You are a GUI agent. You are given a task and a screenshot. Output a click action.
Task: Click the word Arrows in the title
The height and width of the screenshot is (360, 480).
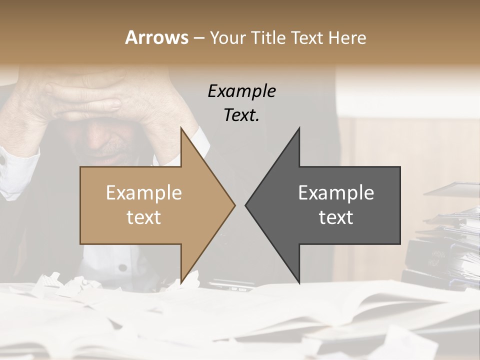[156, 37]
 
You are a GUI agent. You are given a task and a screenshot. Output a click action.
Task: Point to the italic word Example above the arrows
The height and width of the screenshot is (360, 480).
[241, 91]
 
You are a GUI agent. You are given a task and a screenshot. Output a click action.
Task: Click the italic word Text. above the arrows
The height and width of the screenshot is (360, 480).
[241, 115]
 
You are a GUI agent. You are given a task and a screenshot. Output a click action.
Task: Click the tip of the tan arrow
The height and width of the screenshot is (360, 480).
[234, 204]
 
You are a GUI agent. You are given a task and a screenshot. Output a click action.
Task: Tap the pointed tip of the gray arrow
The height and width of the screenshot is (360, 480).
[246, 204]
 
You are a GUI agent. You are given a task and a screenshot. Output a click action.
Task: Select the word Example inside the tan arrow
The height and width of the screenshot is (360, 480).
[143, 193]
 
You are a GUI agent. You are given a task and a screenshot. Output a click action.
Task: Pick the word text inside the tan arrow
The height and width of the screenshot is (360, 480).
[143, 217]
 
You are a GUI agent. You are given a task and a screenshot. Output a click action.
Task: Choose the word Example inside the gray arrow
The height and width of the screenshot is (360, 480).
[336, 193]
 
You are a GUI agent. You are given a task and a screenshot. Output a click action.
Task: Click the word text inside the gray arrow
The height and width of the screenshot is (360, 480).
[336, 217]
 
